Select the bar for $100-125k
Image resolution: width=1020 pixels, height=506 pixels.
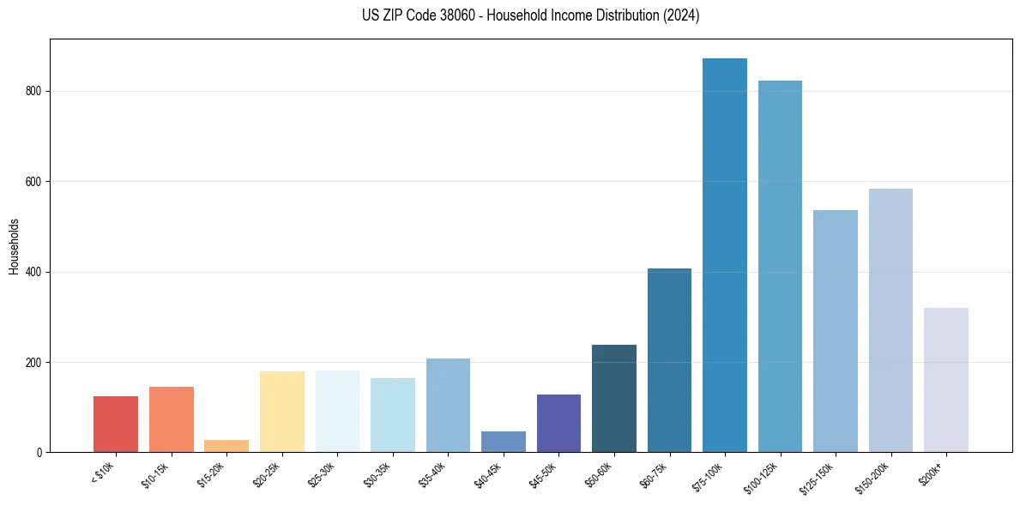click(780, 267)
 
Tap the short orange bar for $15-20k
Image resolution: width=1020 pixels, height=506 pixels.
click(226, 446)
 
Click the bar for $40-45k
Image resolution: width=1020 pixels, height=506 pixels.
click(504, 442)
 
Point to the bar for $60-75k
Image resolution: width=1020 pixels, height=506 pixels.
click(669, 360)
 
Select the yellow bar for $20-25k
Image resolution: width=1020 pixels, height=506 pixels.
click(282, 412)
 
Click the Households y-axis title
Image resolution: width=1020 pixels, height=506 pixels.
click(15, 246)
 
